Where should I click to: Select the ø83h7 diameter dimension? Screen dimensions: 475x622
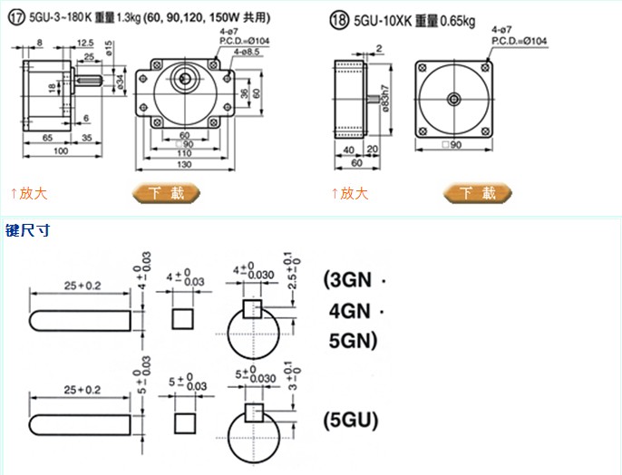(x=386, y=94)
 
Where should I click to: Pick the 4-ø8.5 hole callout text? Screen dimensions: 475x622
(x=245, y=51)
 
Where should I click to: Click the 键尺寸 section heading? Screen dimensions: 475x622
(x=27, y=230)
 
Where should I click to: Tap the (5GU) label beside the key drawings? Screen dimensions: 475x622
(x=350, y=422)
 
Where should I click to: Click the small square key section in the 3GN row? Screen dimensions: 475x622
(x=184, y=316)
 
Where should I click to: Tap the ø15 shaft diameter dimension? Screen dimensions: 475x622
(x=108, y=48)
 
